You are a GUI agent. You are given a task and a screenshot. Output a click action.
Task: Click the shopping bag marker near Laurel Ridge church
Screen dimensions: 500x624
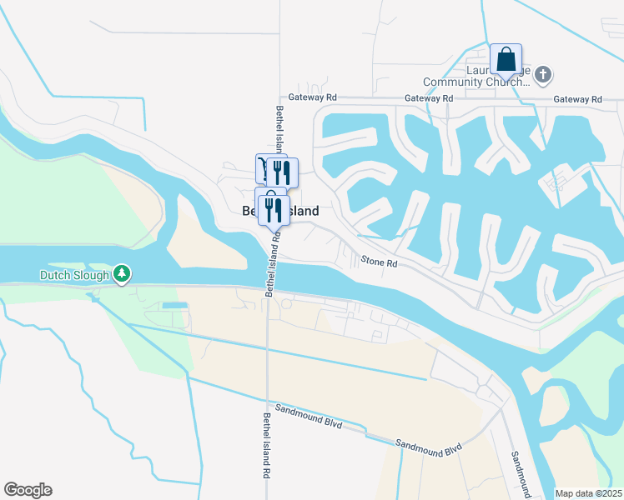506,60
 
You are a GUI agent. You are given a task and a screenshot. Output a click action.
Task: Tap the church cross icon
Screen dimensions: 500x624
543,76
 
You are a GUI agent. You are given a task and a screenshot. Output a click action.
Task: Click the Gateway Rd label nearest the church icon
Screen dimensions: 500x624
577,99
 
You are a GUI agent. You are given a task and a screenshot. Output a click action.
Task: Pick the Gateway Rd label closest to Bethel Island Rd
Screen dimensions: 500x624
312,97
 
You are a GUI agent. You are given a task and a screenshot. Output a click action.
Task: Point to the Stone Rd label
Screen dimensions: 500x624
379,262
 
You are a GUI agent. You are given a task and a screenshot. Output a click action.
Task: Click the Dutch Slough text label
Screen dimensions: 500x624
73,274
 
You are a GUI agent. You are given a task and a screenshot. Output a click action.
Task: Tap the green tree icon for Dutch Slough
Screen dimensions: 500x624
122,274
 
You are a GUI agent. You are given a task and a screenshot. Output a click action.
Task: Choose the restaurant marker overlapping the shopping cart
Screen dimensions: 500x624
282,172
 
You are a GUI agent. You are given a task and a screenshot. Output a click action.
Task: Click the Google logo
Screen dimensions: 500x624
28,490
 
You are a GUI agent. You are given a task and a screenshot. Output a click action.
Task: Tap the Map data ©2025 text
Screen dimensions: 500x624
588,493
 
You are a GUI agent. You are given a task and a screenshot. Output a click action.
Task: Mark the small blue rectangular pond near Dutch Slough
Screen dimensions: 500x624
174,306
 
